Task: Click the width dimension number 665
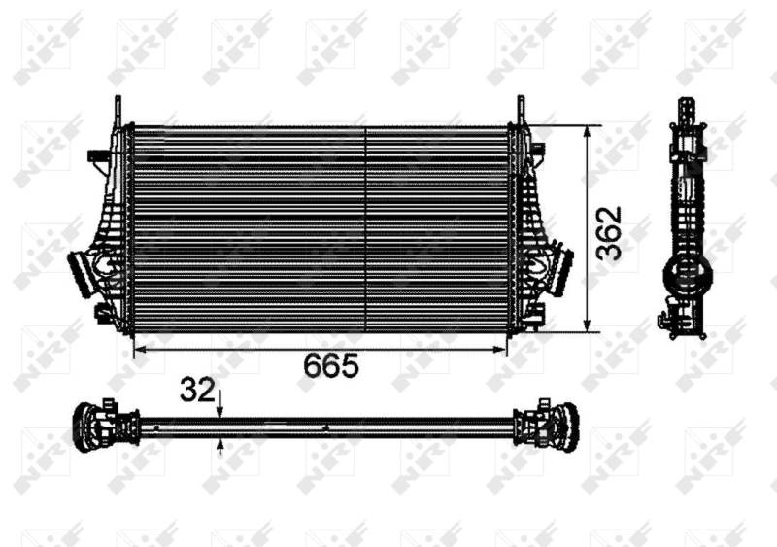[331, 366]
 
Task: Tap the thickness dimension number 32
[196, 390]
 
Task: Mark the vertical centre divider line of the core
[364, 228]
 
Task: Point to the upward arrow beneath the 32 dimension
[220, 444]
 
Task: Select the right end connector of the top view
[550, 426]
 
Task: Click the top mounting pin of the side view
[686, 109]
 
